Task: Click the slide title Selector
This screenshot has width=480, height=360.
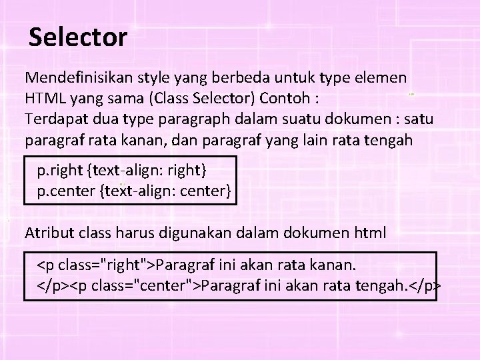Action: click(x=78, y=37)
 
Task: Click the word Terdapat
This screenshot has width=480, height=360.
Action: click(x=53, y=119)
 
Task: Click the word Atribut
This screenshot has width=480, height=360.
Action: click(x=49, y=233)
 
